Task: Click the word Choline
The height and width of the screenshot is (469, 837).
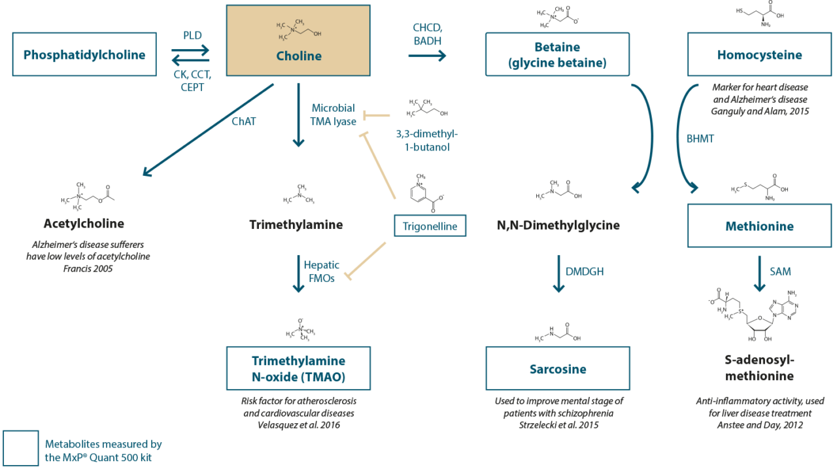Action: pos(299,56)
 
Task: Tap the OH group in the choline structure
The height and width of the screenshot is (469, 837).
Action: pos(318,33)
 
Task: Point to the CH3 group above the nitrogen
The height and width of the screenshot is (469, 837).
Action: pos(299,22)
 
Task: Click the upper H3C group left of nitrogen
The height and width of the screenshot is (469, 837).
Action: pos(281,26)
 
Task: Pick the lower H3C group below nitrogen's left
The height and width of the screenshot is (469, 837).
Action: pos(283,37)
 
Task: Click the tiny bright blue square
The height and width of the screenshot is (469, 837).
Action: pos(771,317)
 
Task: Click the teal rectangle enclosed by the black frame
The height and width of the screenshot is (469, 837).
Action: pos(517,150)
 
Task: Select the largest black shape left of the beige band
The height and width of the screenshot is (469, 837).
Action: pos(163,294)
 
